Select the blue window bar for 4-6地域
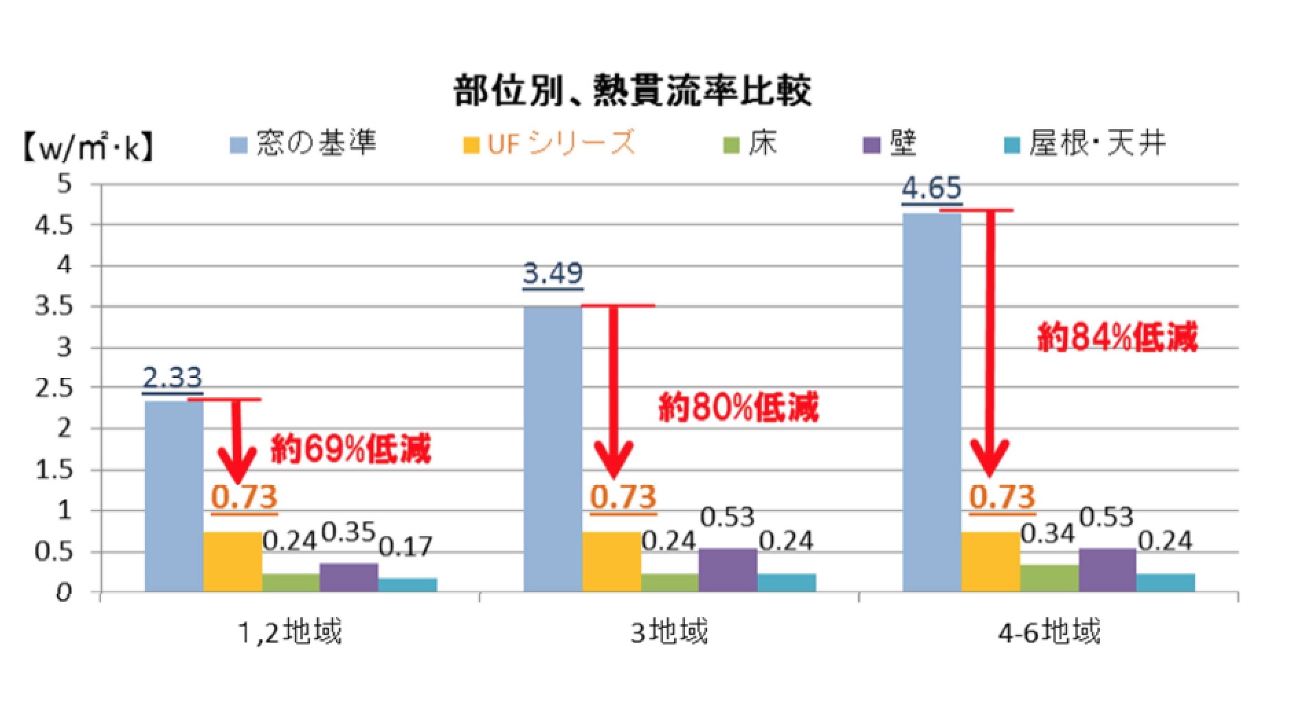[932, 402]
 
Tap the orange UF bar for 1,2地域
[233, 561]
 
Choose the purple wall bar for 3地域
[728, 570]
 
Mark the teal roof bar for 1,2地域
[407, 585]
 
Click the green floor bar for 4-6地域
[1049, 578]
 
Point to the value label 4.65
[932, 188]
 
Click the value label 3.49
[552, 273]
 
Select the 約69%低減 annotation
[351, 449]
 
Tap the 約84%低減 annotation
[1117, 337]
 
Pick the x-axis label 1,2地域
[289, 631]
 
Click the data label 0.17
[406, 546]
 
